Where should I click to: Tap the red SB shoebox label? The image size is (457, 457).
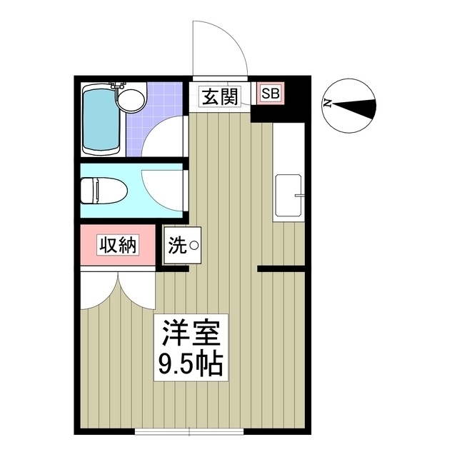click(x=270, y=93)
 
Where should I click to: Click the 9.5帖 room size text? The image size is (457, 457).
click(x=189, y=366)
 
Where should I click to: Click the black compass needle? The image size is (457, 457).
click(x=357, y=108)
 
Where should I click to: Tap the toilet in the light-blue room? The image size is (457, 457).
click(x=103, y=191)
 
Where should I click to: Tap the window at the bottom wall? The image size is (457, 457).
click(x=189, y=431)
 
